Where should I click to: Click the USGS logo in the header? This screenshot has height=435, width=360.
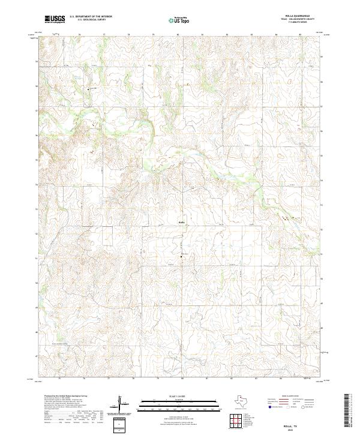(55, 19)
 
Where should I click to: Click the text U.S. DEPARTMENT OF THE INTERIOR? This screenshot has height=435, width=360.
(91, 17)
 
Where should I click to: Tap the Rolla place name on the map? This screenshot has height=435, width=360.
(181, 222)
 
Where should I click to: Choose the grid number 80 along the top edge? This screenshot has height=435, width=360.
(178, 35)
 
